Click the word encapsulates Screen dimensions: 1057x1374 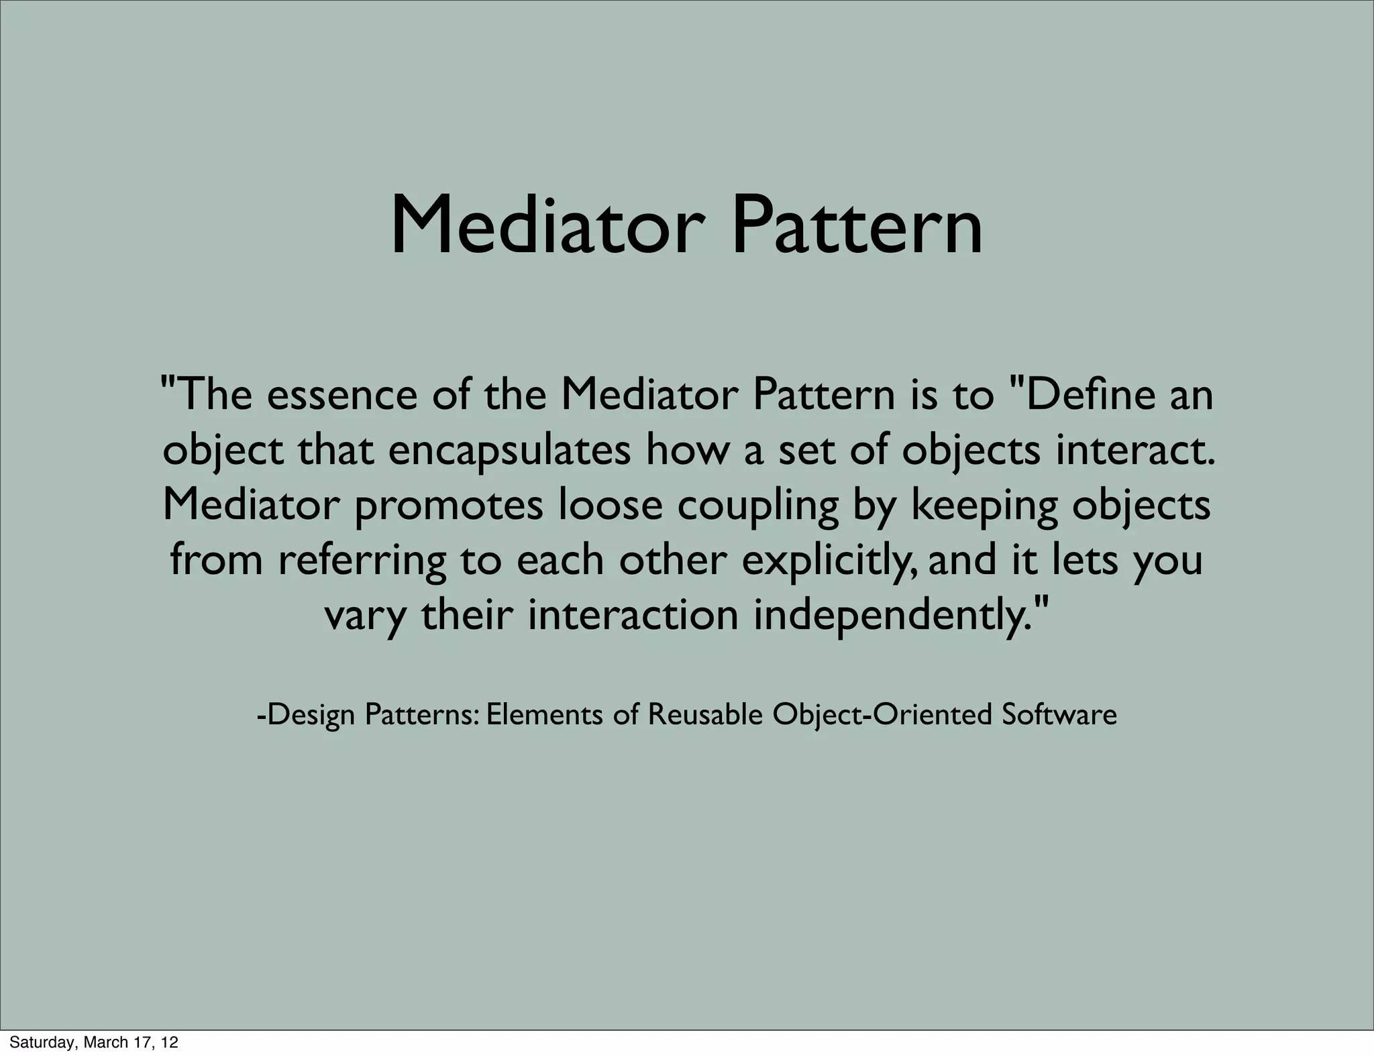click(509, 451)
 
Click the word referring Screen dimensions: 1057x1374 click(362, 561)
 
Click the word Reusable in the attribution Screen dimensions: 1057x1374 click(704, 715)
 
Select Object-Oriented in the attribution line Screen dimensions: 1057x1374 click(882, 715)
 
